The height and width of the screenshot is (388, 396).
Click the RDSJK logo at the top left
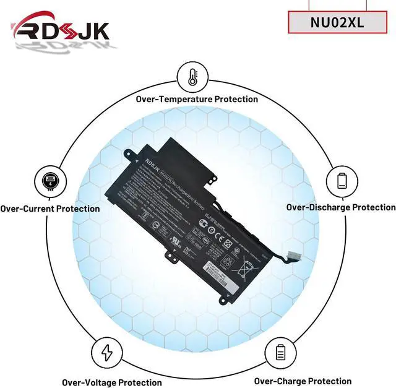click(61, 31)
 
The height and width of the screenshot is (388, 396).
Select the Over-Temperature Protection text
click(197, 99)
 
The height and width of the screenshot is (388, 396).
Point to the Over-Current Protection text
click(49, 209)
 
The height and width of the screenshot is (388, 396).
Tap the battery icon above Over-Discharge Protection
click(342, 181)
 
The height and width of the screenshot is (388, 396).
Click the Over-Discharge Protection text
click(340, 207)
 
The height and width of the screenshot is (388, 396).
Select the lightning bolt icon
click(106, 354)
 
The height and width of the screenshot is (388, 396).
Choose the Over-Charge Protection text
click(303, 381)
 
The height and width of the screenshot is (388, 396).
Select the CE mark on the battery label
click(205, 219)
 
